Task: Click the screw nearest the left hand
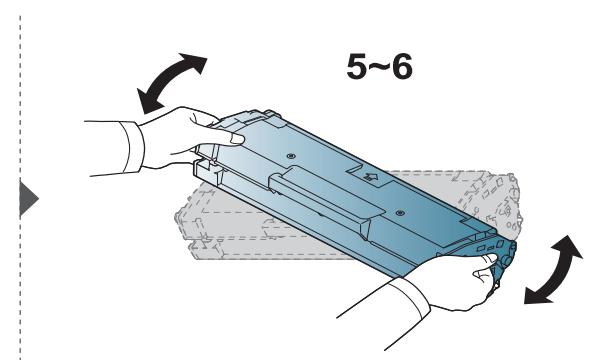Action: click(x=286, y=156)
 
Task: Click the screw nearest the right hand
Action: click(x=398, y=212)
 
